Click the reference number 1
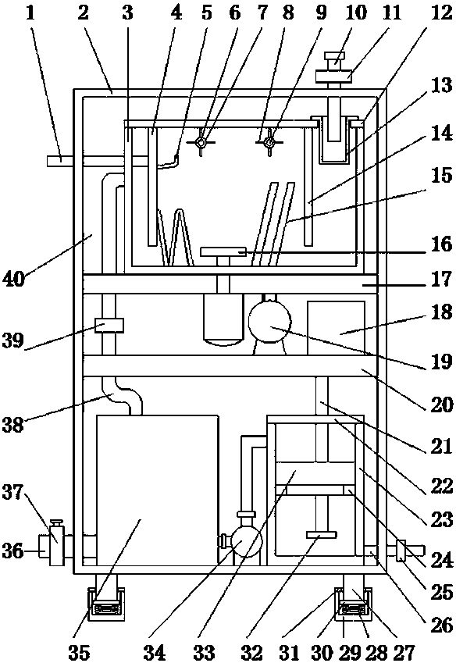[30, 12]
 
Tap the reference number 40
[14, 279]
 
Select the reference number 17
[442, 280]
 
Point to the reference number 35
[79, 652]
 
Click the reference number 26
[442, 625]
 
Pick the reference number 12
[442, 12]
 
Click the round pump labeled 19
[269, 323]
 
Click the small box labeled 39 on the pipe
[109, 326]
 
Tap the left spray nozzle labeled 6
[201, 143]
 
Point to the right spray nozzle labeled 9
[269, 143]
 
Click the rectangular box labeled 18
[336, 328]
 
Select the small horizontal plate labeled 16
[223, 252]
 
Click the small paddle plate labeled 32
[321, 535]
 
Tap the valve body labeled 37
[56, 544]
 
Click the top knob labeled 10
[335, 59]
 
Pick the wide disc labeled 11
[334, 76]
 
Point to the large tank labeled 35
[158, 490]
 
